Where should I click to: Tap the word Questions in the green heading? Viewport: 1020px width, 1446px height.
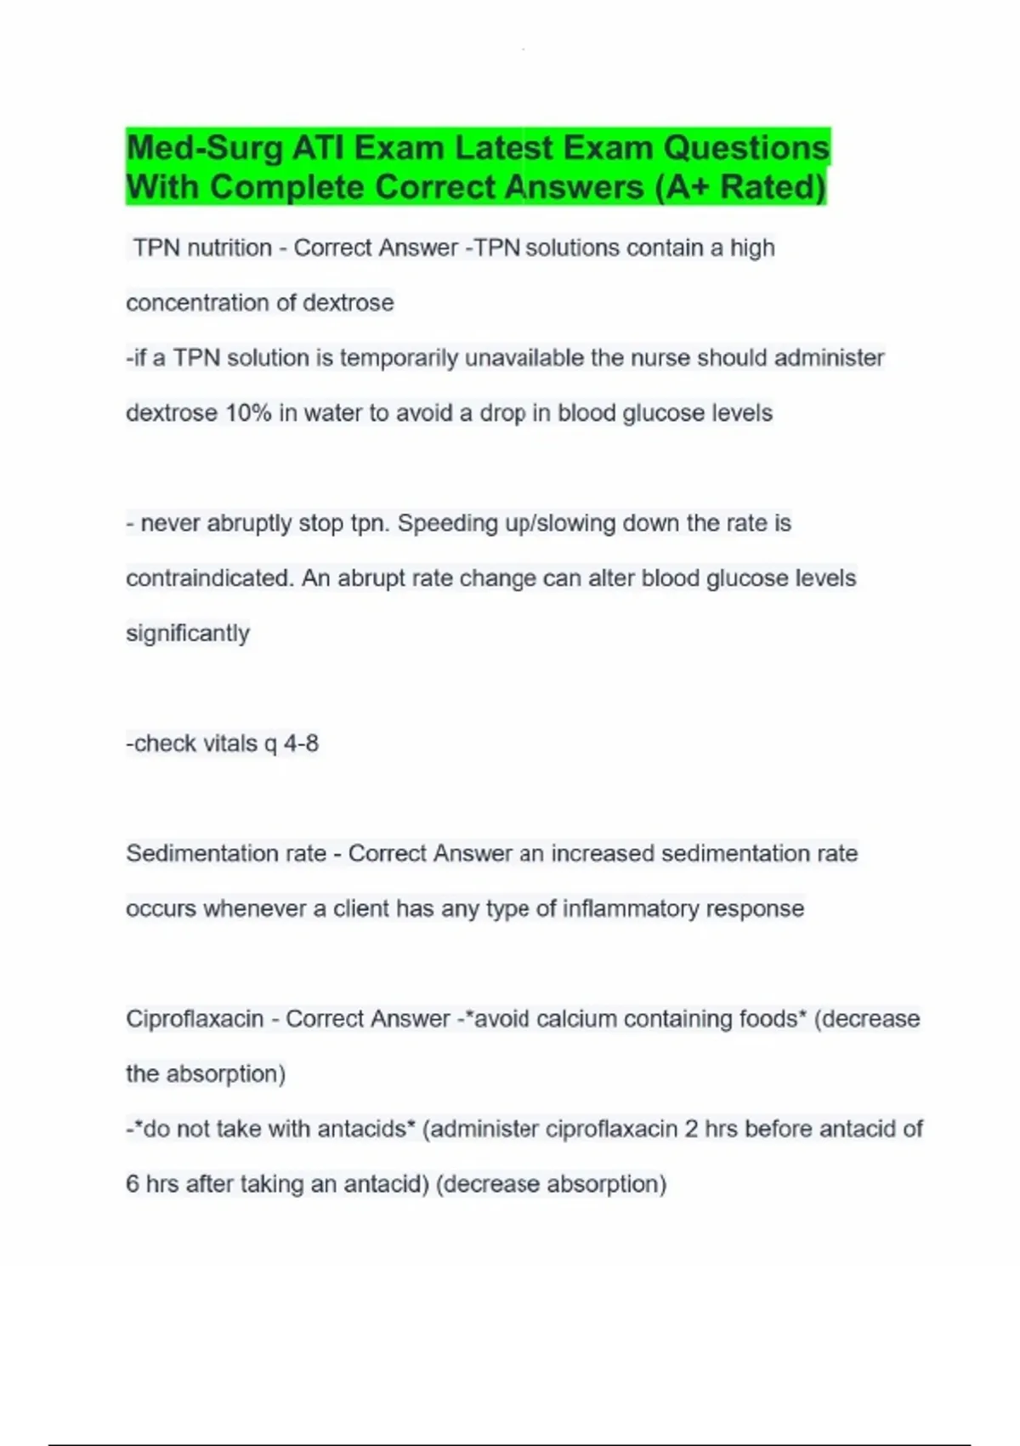745,149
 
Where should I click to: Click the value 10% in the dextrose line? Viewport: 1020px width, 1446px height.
247,413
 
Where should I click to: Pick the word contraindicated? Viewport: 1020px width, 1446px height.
209,578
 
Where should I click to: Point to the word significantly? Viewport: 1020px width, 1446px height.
188,634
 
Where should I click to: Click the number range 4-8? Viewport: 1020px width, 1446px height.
301,743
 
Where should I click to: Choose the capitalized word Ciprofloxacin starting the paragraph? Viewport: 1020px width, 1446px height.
195,1019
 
